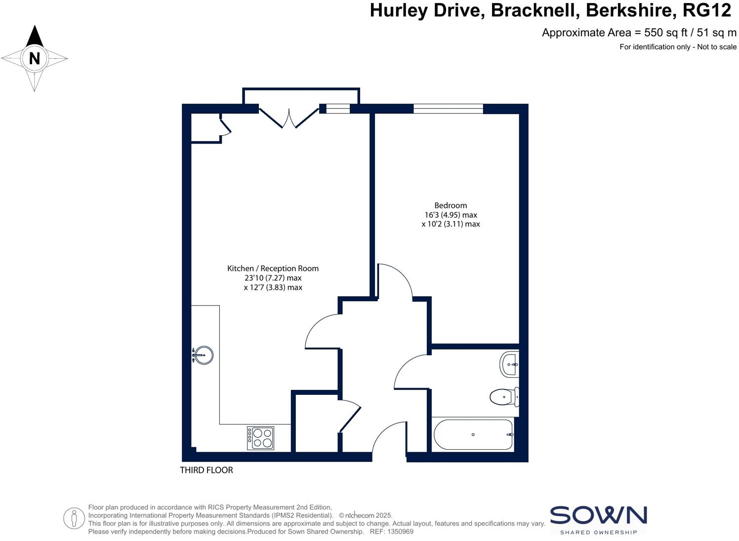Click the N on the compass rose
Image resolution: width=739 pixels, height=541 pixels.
(34, 58)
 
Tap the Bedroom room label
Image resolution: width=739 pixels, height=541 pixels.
(451, 205)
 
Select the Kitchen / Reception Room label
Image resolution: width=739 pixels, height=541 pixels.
(273, 269)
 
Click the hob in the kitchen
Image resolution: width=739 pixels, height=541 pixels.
(261, 438)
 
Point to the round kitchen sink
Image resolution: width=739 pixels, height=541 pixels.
(203, 355)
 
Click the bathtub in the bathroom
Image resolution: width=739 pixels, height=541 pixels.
(473, 434)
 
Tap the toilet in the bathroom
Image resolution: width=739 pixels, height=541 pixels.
(503, 396)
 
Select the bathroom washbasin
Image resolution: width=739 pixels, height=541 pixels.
(509, 364)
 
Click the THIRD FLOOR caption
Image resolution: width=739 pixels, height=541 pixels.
(206, 470)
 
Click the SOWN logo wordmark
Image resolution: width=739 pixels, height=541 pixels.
(598, 515)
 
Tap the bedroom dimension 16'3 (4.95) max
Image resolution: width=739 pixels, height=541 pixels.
(451, 215)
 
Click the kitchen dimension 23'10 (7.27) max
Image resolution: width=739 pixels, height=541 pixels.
(273, 278)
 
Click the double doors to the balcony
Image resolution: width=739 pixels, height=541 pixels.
(289, 118)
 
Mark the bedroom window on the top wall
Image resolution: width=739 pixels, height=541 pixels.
(448, 109)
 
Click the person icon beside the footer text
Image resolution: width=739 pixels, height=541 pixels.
(74, 518)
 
